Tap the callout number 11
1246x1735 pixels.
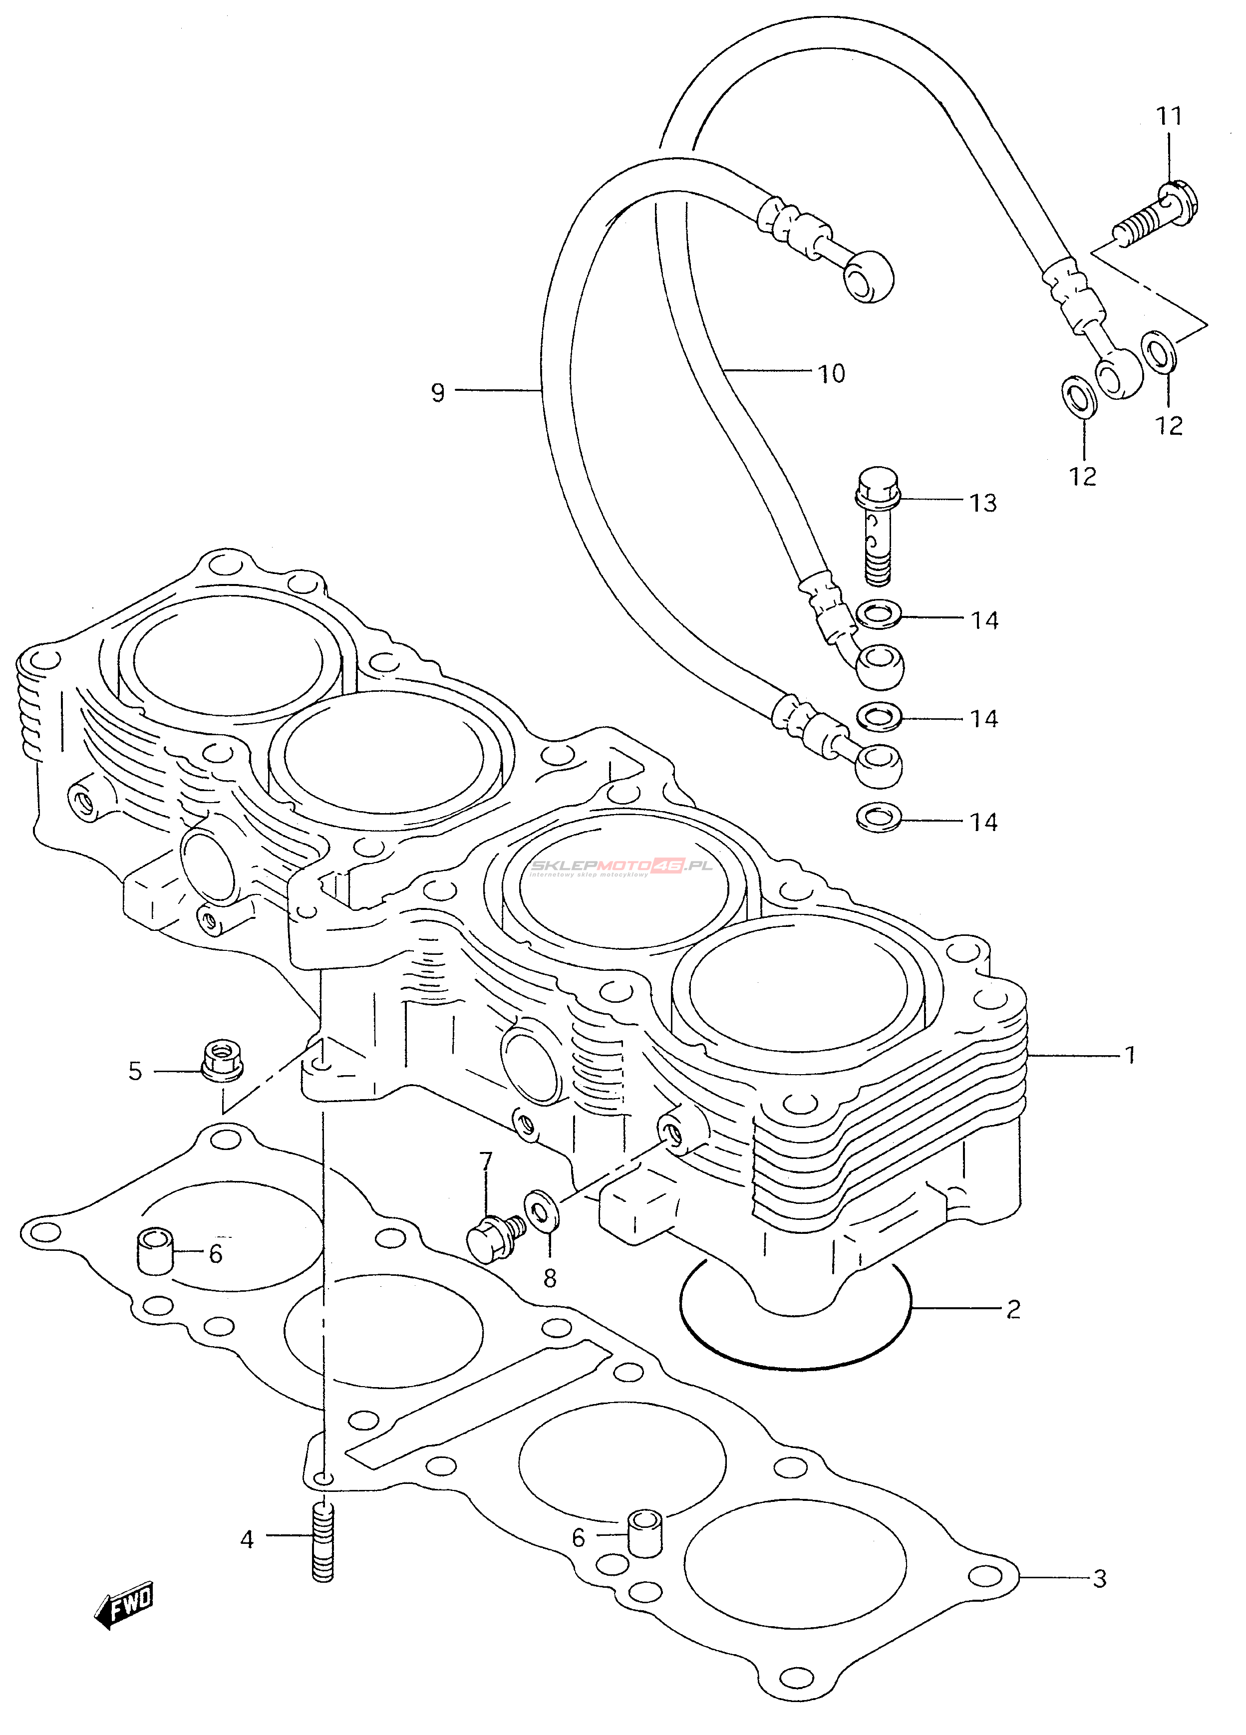[x=1169, y=116]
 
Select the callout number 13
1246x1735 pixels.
[x=983, y=503]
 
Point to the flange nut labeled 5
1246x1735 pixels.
[x=222, y=1060]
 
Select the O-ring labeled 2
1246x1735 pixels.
[x=796, y=1318]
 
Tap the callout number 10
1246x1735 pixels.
[x=832, y=374]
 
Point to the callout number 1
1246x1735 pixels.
[x=1130, y=1056]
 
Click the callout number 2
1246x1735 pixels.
[x=1013, y=1310]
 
